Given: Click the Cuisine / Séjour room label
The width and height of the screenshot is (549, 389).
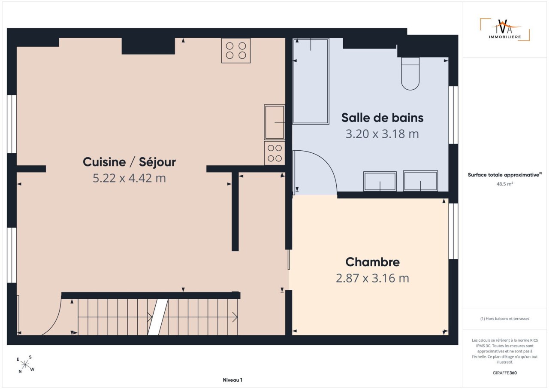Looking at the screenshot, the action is coord(129,162).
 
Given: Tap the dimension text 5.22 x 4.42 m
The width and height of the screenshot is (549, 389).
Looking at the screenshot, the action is coord(129,178).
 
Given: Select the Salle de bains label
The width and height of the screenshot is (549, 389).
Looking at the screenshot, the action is coord(382,118).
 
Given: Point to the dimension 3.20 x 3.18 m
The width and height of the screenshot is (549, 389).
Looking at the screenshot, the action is coord(382,134).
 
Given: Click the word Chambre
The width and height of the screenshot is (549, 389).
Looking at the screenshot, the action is coord(373,262).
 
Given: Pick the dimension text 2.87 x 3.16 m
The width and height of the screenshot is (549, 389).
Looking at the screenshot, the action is coord(373,278).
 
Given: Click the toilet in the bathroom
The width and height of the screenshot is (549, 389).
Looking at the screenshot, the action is coord(410,73).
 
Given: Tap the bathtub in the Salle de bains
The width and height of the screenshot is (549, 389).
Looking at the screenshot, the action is coord(311,81).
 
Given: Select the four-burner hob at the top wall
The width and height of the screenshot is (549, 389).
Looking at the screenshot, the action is coord(236,51).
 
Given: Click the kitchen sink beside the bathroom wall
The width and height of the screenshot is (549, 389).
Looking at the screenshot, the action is coord(274,122).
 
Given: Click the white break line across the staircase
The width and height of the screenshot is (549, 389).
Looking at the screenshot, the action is coord(157,317).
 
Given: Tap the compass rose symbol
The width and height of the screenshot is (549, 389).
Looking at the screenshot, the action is coord(25,365).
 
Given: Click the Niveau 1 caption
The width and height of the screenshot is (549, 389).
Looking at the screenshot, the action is coord(232,380).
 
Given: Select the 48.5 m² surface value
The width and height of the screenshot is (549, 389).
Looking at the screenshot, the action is coord(505,184).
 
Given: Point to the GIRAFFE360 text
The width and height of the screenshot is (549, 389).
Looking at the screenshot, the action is coord(505,373).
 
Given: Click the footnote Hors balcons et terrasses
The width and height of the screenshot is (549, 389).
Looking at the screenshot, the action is coord(505,319).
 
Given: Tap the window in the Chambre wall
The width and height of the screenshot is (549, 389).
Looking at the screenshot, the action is coord(453,231).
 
